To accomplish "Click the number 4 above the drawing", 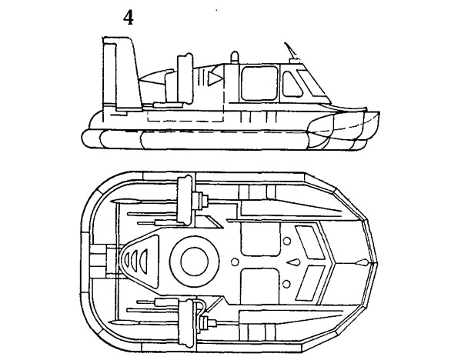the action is click(129, 18).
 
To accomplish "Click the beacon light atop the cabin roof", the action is click(235, 58).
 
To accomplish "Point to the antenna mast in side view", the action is click(290, 51).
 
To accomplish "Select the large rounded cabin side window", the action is click(259, 83).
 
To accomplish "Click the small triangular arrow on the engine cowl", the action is click(215, 78).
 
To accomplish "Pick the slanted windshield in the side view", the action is click(312, 83).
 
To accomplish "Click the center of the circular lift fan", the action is click(195, 262).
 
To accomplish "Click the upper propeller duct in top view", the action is click(184, 200).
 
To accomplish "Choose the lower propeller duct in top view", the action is click(185, 323).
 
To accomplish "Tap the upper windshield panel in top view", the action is click(310, 242).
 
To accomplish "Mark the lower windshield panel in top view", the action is click(310, 283).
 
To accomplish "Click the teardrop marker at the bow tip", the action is click(362, 262).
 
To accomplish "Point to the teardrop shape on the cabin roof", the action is click(294, 262).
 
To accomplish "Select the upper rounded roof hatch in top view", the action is click(260, 239).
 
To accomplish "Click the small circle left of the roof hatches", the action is click(235, 262).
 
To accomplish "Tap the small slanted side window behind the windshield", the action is click(292, 84).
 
